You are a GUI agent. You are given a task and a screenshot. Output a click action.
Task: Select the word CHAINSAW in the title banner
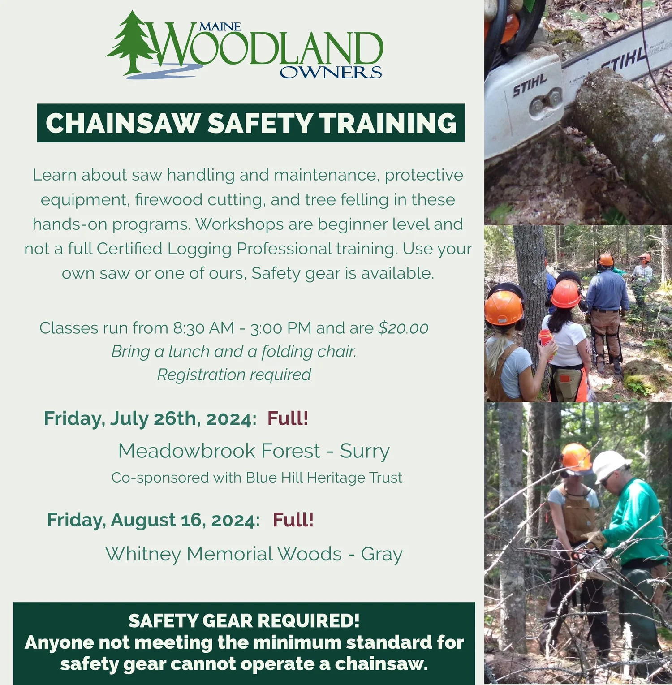click(x=122, y=123)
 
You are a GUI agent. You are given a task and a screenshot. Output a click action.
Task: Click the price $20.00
click(x=403, y=328)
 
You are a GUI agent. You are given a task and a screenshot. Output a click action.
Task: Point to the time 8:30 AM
click(x=203, y=328)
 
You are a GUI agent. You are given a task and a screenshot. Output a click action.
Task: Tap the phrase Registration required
click(x=234, y=375)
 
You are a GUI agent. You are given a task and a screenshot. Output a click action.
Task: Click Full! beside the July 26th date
click(x=288, y=418)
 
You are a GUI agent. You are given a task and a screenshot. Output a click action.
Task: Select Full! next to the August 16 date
click(x=293, y=520)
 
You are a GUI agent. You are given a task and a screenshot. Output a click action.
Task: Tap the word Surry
click(x=365, y=451)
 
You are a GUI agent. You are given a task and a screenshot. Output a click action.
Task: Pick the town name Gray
click(x=382, y=554)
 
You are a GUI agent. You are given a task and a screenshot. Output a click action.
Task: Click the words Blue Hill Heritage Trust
click(x=324, y=478)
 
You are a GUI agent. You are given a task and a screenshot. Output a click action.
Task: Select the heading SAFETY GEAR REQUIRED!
click(x=244, y=621)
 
